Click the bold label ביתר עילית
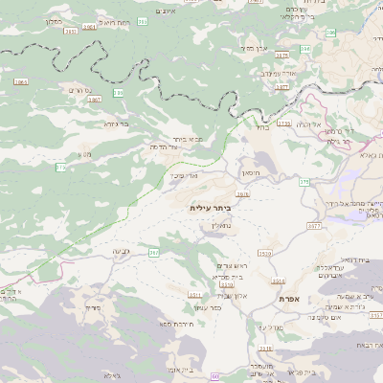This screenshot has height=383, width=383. (x=212, y=206)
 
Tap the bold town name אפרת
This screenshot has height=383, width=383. (x=292, y=300)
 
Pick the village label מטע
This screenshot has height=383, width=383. (x=85, y=154)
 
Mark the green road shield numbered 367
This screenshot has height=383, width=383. (x=153, y=252)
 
